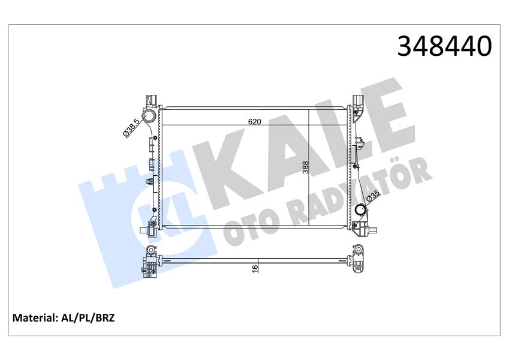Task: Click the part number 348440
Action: point(444,46)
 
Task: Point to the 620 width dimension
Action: point(254,121)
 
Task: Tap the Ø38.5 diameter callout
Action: point(131,128)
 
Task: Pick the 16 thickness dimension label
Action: point(254,268)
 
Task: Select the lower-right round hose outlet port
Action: point(360,211)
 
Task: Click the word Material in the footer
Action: point(34,317)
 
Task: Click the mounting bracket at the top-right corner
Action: point(358,102)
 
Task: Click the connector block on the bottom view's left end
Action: point(151,265)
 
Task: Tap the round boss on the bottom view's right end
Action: point(358,250)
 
